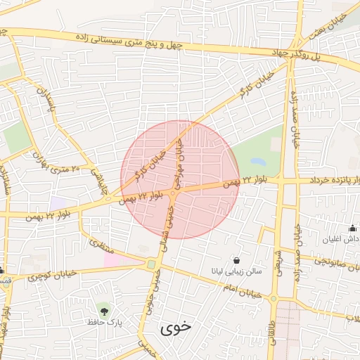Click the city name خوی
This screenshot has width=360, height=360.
[175, 328]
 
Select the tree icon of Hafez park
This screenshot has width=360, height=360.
[105, 308]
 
